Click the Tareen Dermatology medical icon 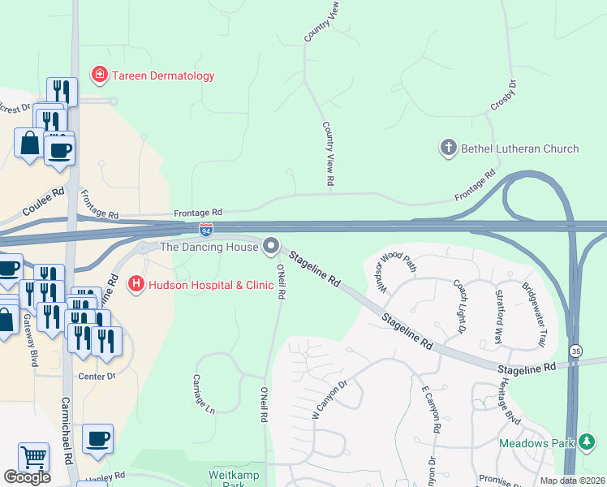[x=100, y=75]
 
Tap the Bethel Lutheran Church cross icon [x=447, y=148]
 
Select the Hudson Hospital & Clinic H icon [x=136, y=284]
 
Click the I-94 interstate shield [x=207, y=231]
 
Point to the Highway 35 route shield [x=575, y=351]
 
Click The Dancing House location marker [x=271, y=245]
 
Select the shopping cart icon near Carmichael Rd [x=33, y=457]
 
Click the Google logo [x=27, y=477]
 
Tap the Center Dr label [x=97, y=377]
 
